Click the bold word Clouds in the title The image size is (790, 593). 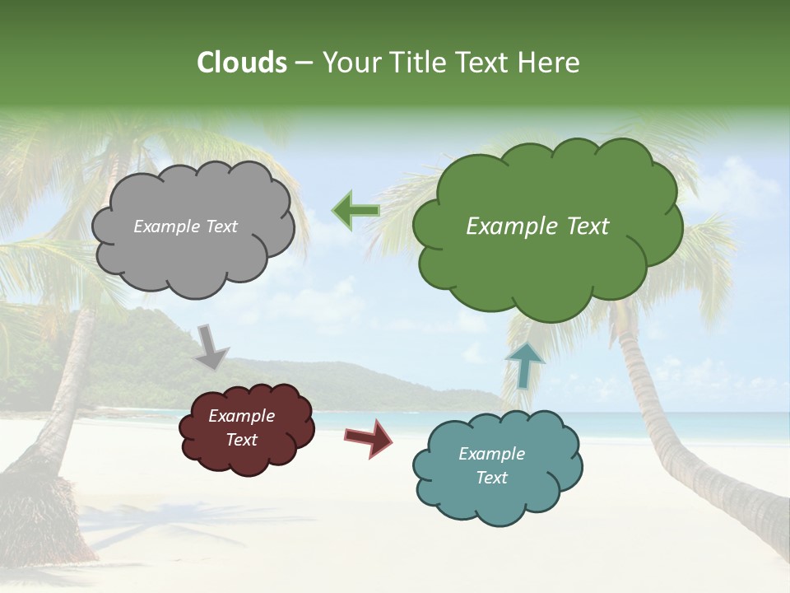point(242,63)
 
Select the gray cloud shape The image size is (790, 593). point(194,255)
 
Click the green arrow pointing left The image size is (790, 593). point(355,210)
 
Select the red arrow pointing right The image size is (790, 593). point(369,437)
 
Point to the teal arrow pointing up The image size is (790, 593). point(524,365)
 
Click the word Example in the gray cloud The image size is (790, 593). point(167,226)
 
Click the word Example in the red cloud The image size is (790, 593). point(241,416)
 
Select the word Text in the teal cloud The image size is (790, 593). point(491,478)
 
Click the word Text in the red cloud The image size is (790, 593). point(241,440)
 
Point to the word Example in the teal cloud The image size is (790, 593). point(491,454)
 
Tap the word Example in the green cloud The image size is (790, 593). point(512,226)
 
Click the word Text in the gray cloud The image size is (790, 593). point(221,226)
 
